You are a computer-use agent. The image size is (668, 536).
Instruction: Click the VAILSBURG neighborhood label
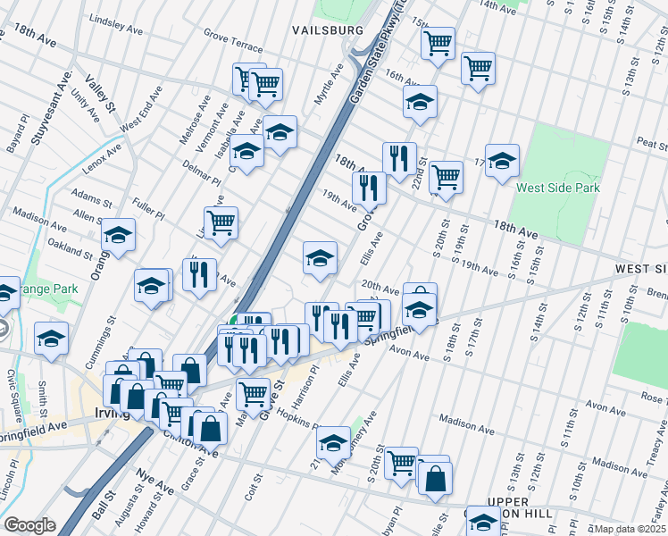point(328,29)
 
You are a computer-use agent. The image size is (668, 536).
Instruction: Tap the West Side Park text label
point(558,188)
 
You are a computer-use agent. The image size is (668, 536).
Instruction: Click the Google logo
point(29,525)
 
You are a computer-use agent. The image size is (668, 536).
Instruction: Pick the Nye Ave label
point(154,483)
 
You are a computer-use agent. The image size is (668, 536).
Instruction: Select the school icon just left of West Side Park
point(502,161)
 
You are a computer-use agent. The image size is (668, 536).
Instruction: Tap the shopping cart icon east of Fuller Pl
point(221,222)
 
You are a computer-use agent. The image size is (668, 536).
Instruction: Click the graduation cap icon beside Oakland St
point(118,236)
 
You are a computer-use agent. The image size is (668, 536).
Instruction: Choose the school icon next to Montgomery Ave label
point(333,441)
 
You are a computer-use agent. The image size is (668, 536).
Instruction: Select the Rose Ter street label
point(652,398)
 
